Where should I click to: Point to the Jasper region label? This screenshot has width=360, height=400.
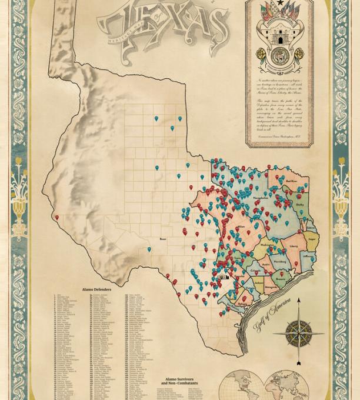(x=311, y=240)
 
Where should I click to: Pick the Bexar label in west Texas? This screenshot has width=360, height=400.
(x=163, y=239)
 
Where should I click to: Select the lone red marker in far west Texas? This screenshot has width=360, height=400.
(x=57, y=217)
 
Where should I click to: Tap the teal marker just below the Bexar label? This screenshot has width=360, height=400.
(x=149, y=249)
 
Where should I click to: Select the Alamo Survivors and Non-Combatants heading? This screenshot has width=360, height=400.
(x=179, y=382)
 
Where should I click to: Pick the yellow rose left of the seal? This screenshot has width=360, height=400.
(x=261, y=54)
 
